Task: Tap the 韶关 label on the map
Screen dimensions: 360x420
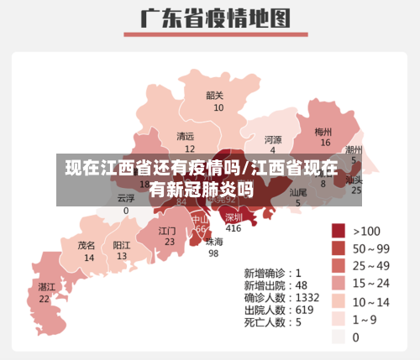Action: click(215, 96)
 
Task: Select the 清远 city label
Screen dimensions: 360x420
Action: click(185, 136)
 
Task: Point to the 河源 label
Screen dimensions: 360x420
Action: click(273, 139)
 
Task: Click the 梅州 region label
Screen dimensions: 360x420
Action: click(323, 132)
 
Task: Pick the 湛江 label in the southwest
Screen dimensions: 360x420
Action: click(46, 287)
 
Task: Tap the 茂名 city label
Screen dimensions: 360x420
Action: click(87, 246)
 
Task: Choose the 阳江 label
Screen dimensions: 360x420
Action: click(122, 245)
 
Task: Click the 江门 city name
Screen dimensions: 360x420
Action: click(167, 230)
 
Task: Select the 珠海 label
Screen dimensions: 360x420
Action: click(214, 242)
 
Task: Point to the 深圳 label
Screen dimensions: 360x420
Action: click(234, 217)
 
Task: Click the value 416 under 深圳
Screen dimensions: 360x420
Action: click(234, 228)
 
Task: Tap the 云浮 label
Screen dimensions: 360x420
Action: click(126, 199)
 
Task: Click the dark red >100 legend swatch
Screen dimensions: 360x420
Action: click(339, 231)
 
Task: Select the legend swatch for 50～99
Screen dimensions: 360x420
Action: click(339, 248)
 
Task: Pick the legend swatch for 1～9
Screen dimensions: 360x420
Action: click(339, 319)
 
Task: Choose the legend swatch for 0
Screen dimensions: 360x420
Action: click(339, 337)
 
